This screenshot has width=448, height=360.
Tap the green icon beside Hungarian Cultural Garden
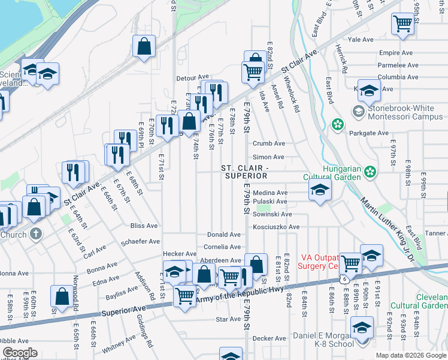coord(371,172)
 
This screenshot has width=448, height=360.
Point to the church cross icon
coord(36,233)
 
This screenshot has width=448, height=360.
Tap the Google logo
coord(19,353)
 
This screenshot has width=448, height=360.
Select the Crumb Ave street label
coord(268,143)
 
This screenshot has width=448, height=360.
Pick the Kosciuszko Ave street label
coord(276,227)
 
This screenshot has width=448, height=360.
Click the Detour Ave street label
coord(192,77)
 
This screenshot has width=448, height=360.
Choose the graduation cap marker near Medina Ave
coord(320,192)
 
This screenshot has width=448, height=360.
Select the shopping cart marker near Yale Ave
coord(403,24)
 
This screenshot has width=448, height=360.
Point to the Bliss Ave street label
coord(144,226)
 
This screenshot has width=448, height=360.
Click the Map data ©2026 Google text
coord(410,355)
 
